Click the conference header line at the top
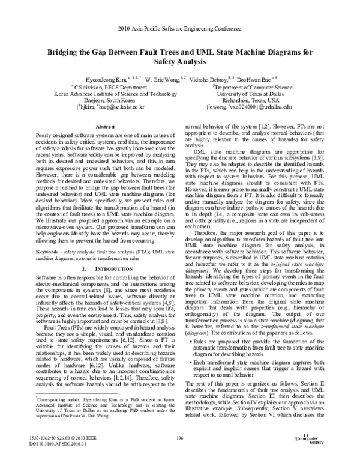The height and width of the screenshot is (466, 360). coord(179,28)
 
